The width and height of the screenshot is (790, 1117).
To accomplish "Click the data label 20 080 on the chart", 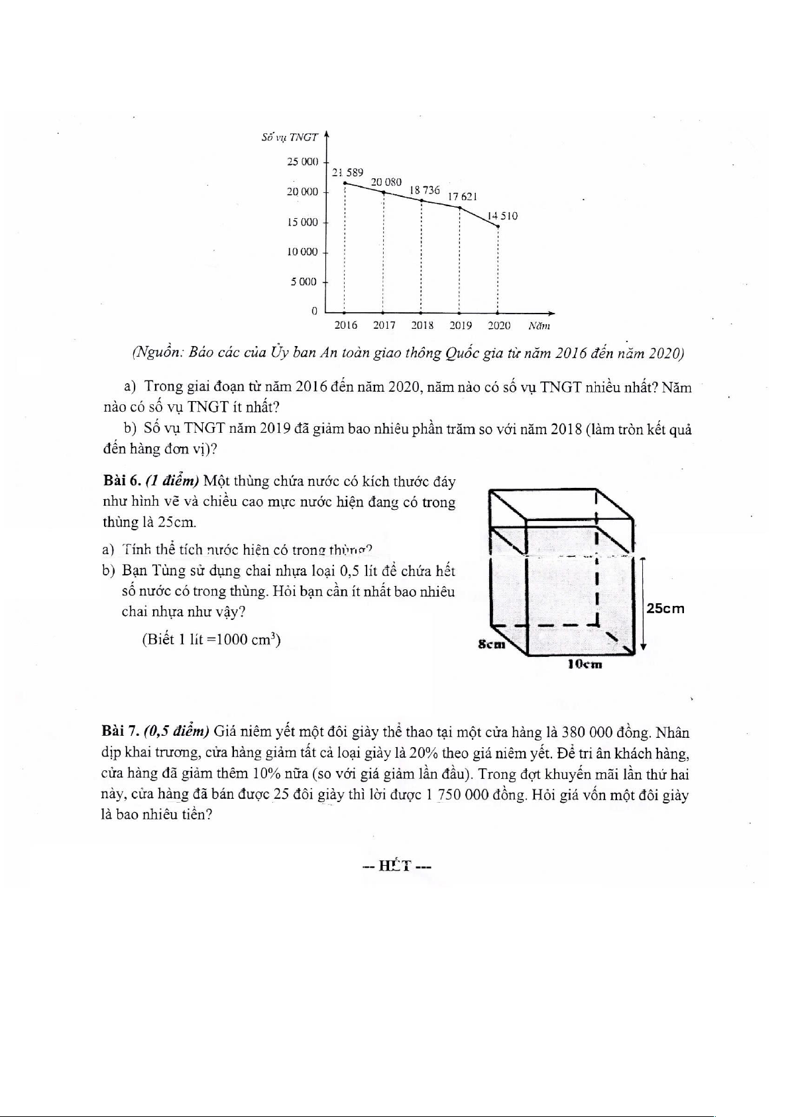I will [x=386, y=181].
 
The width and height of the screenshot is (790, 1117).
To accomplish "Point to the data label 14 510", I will [x=502, y=215].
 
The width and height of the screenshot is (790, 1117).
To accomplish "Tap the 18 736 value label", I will [x=425, y=190].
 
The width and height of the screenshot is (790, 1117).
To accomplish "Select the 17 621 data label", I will [x=463, y=196].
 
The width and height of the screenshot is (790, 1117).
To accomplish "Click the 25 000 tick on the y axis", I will [x=302, y=162].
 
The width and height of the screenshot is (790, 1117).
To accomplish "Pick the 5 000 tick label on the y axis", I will [x=304, y=282].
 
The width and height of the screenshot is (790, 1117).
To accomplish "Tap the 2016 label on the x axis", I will [x=345, y=325].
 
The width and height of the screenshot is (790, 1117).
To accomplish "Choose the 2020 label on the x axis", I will [x=499, y=325].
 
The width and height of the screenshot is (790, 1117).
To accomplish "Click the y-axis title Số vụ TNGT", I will [x=290, y=137].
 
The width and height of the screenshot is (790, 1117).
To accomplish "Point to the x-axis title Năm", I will [x=539, y=325].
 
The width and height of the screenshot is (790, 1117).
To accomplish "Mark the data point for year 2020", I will [x=498, y=227].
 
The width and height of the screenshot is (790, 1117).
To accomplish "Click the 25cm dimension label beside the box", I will [x=665, y=608].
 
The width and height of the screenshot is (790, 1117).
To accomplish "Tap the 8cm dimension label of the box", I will [x=492, y=644].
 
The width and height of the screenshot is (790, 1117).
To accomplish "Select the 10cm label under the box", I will [x=585, y=664].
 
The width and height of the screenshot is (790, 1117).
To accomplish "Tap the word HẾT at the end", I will [x=395, y=866].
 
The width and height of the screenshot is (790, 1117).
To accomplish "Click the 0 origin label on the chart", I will [x=314, y=311].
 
